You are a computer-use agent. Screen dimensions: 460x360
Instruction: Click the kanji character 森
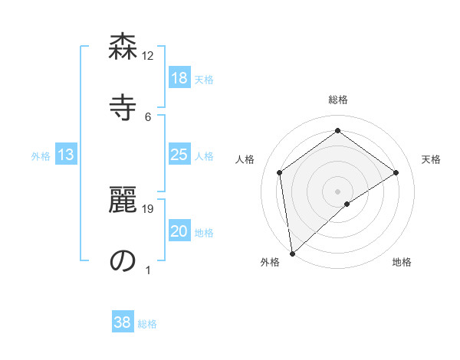click(123, 47)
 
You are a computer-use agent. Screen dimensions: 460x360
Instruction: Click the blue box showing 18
click(179, 78)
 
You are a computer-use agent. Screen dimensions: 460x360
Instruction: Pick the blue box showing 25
click(179, 155)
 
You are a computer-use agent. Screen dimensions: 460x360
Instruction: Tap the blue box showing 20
click(179, 232)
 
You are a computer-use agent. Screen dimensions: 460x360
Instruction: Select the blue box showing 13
click(66, 155)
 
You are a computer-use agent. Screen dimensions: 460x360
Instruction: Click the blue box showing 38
click(123, 322)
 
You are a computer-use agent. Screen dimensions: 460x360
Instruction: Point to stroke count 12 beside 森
click(148, 55)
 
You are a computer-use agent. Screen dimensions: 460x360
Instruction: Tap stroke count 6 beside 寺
click(148, 116)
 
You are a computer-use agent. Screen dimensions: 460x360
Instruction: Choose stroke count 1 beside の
click(148, 270)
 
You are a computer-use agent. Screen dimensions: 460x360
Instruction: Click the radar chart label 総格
click(338, 100)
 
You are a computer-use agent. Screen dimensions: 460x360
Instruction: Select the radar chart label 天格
click(432, 159)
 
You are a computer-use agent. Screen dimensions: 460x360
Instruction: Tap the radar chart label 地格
click(402, 262)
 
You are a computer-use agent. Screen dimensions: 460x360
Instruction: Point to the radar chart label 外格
click(270, 262)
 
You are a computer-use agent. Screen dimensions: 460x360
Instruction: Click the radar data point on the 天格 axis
click(396, 172)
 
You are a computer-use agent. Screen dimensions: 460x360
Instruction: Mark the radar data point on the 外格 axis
click(292, 254)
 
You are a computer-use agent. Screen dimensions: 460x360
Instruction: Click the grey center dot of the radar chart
click(338, 191)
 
